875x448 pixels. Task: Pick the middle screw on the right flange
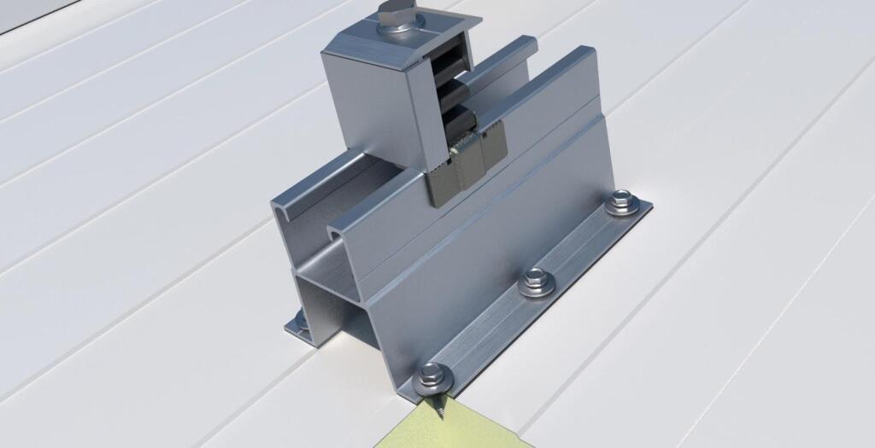coord(535,280)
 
